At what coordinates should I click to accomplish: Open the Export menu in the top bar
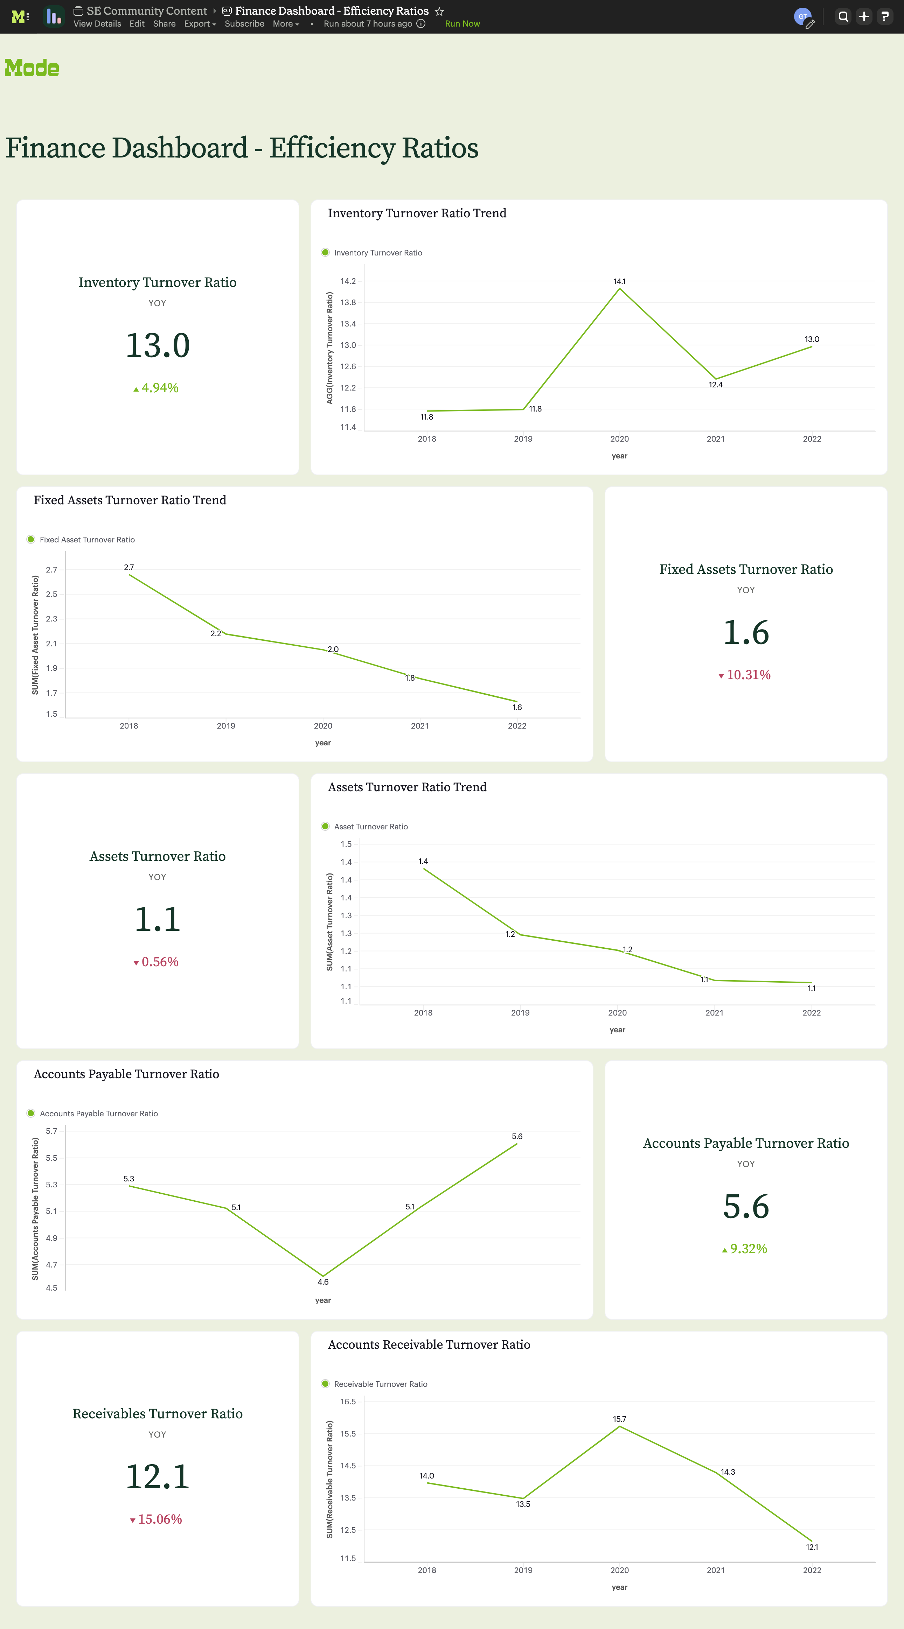[199, 24]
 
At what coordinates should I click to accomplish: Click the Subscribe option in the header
[244, 24]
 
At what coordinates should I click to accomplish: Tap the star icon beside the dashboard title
[439, 12]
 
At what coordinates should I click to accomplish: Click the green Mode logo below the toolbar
[32, 68]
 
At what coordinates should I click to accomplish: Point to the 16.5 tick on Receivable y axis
[348, 1401]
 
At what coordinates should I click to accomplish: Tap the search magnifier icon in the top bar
[843, 16]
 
